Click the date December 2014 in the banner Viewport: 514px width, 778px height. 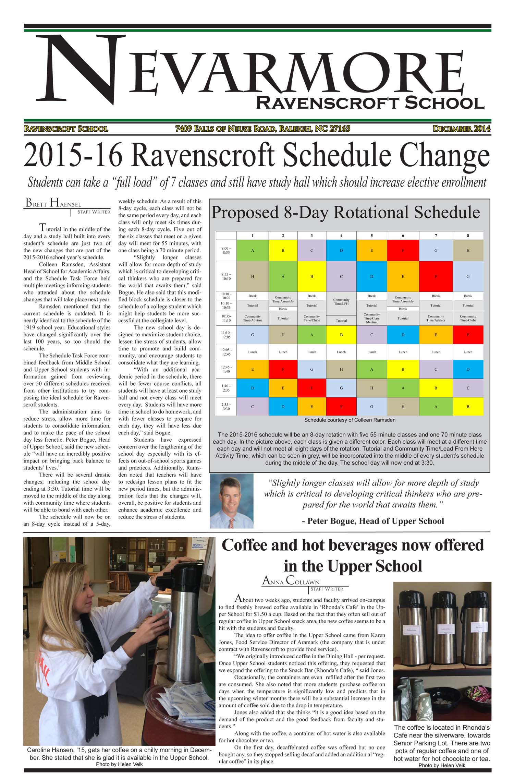461,129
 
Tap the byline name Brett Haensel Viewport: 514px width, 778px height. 53,203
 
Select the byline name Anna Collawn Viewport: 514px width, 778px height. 291,580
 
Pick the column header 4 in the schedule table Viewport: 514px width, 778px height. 341,236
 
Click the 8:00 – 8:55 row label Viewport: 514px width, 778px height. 226,250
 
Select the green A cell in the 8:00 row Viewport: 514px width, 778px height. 253,250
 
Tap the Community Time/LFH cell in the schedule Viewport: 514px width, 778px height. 341,302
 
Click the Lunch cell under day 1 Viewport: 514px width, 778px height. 253,352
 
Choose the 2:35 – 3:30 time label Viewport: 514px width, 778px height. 226,407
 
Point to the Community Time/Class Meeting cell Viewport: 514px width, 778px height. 371,318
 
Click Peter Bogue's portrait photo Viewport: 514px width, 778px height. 231,501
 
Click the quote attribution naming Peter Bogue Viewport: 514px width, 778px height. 373,521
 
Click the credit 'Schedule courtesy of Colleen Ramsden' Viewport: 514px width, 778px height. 350,420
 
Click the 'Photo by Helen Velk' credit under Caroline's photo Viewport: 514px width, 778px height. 119,764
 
